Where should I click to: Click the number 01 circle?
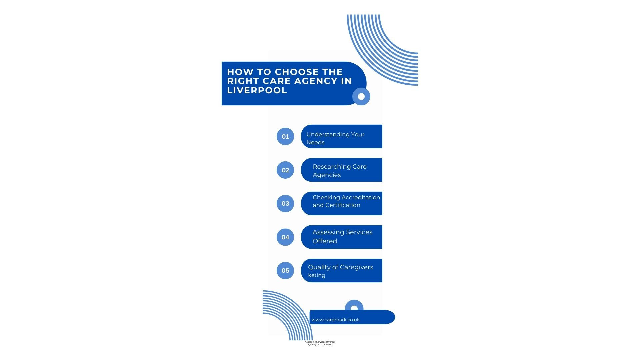pos(285,136)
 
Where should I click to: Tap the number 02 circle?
pos(285,170)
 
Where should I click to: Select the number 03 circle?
pos(285,203)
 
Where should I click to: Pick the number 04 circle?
pos(285,237)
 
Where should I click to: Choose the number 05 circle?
pos(285,270)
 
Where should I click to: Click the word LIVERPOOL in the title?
pos(257,90)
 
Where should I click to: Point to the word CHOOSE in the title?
pos(292,72)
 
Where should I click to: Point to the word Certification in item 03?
pos(343,205)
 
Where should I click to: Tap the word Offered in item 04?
pos(325,241)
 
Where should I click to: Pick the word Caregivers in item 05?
pos(357,267)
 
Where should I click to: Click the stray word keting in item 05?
pos(317,275)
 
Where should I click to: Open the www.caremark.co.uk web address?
pos(336,320)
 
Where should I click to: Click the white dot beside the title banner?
pos(361,96)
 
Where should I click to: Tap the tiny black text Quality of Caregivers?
pos(320,345)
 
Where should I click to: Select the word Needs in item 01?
pos(315,142)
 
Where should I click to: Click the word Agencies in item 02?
pos(327,175)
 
